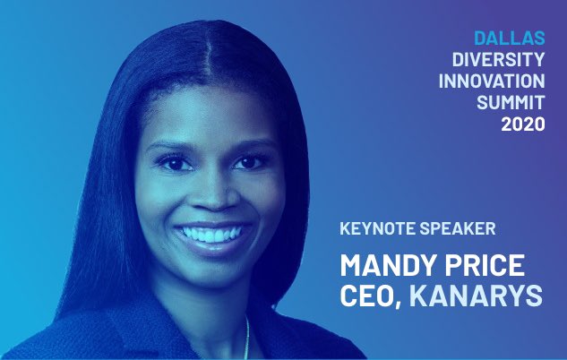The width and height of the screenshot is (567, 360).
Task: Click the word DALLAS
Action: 509,39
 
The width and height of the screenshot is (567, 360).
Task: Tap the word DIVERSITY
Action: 497,61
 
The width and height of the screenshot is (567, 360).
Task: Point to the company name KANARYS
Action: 476,296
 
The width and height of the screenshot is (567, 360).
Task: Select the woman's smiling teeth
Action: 211,235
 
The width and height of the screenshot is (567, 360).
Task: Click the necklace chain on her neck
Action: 247,340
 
